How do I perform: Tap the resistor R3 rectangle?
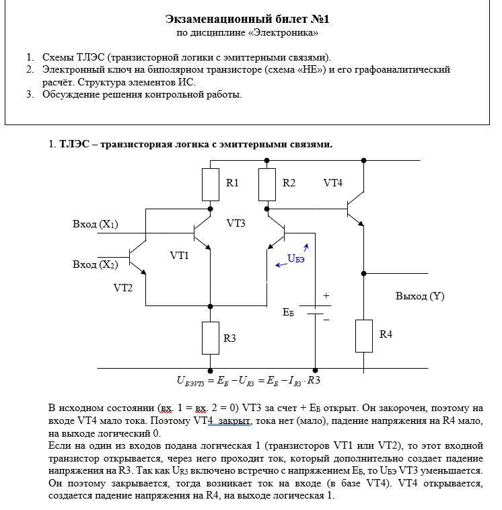click(x=211, y=338)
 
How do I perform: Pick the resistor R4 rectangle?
click(x=364, y=336)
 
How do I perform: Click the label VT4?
click(x=332, y=183)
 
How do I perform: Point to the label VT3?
click(x=236, y=223)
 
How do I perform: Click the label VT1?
click(x=179, y=256)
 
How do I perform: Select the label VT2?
click(x=123, y=287)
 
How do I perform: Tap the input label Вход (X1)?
click(x=95, y=225)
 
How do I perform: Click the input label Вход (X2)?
click(x=95, y=264)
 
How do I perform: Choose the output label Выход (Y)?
click(x=420, y=295)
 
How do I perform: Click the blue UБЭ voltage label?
click(x=296, y=258)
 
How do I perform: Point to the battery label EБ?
click(x=288, y=312)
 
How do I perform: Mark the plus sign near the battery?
click(x=326, y=295)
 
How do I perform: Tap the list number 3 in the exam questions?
click(x=30, y=94)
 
